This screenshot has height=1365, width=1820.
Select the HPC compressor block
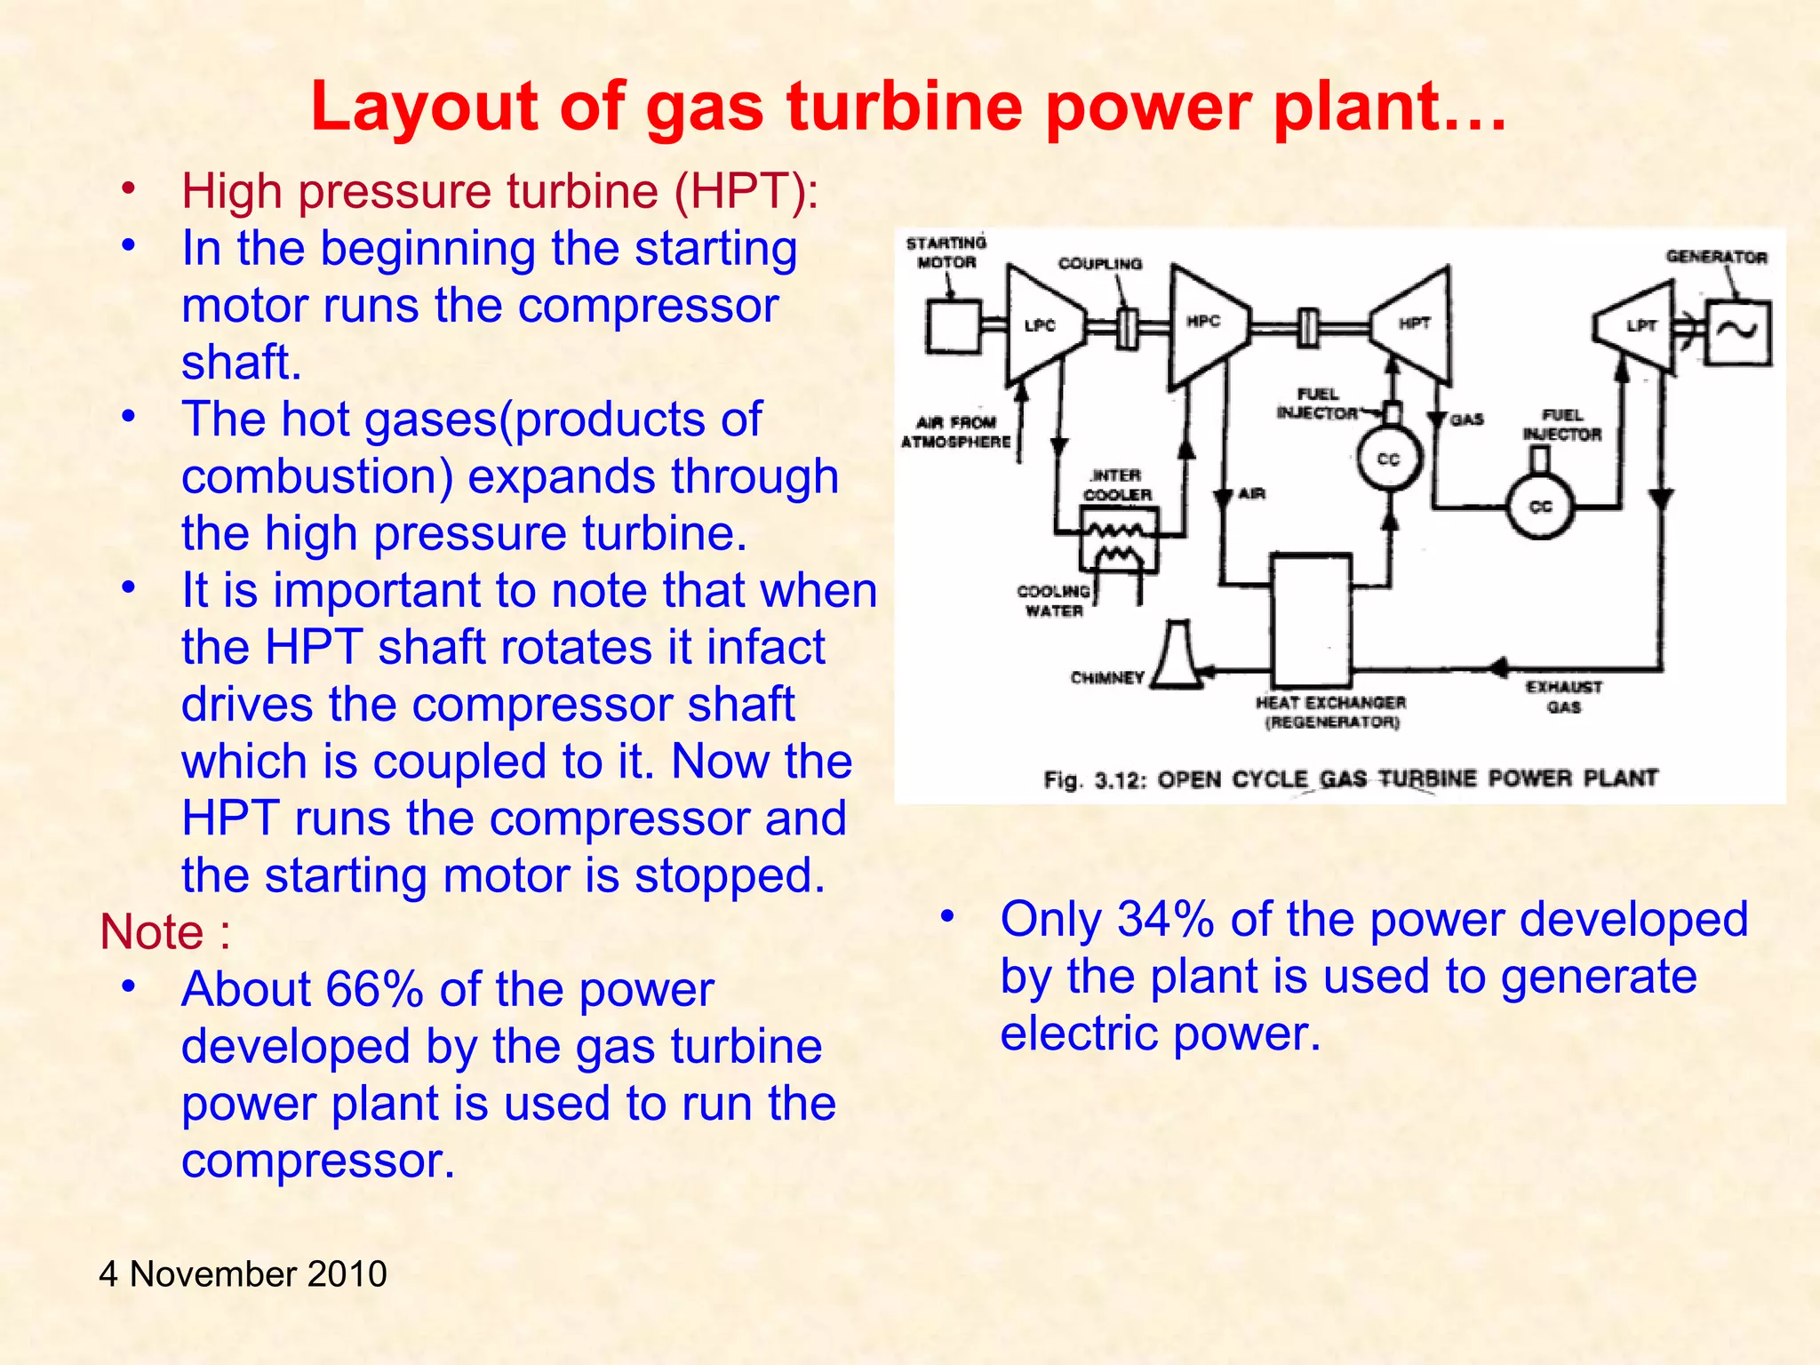(1206, 323)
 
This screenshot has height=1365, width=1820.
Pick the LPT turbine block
(1639, 326)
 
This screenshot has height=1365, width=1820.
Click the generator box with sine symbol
(1738, 332)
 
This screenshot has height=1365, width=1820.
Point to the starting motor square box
(953, 327)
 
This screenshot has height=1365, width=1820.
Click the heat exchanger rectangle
(1311, 619)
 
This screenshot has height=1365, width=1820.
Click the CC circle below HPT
(1389, 459)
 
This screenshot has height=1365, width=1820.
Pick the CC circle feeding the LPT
(1540, 507)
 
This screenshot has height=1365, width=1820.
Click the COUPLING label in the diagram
(1099, 264)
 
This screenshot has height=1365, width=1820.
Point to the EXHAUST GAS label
(1563, 697)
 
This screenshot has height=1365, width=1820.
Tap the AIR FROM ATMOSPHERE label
(956, 432)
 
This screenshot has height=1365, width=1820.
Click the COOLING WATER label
(1054, 601)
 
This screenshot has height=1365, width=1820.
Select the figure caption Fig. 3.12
(1350, 779)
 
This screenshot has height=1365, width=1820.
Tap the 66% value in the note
(374, 989)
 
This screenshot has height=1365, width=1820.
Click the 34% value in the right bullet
(1165, 919)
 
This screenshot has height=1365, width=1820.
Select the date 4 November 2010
(243, 1273)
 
